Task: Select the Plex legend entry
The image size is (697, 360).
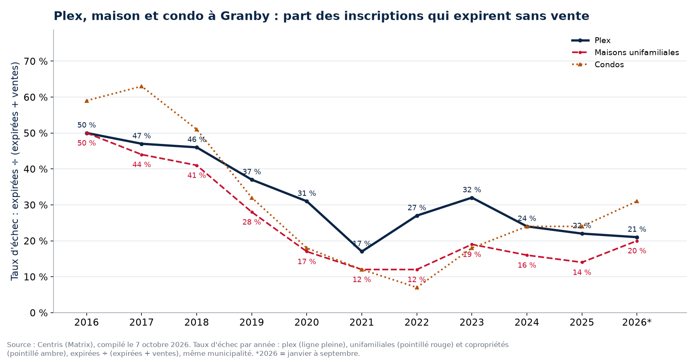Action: (591, 41)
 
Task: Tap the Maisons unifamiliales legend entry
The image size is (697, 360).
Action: (625, 53)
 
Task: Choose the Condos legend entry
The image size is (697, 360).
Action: (598, 65)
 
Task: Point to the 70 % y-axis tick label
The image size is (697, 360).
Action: (36, 61)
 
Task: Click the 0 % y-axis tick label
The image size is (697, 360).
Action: (39, 313)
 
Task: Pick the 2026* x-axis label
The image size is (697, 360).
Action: (636, 322)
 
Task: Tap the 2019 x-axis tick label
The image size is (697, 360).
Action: (251, 322)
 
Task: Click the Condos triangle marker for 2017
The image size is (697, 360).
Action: (141, 86)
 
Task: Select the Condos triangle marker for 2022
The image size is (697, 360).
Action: (417, 287)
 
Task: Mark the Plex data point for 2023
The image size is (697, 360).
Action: (472, 198)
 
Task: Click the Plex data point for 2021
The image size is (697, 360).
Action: (362, 251)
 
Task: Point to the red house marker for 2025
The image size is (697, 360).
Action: (582, 262)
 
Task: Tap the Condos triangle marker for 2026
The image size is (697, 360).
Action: (636, 201)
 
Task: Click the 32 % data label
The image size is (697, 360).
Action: (472, 190)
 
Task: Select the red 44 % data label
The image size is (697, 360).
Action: (141, 165)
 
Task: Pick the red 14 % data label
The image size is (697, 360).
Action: (582, 272)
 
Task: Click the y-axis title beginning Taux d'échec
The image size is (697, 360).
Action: (15, 171)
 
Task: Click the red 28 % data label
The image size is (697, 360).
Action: (251, 222)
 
